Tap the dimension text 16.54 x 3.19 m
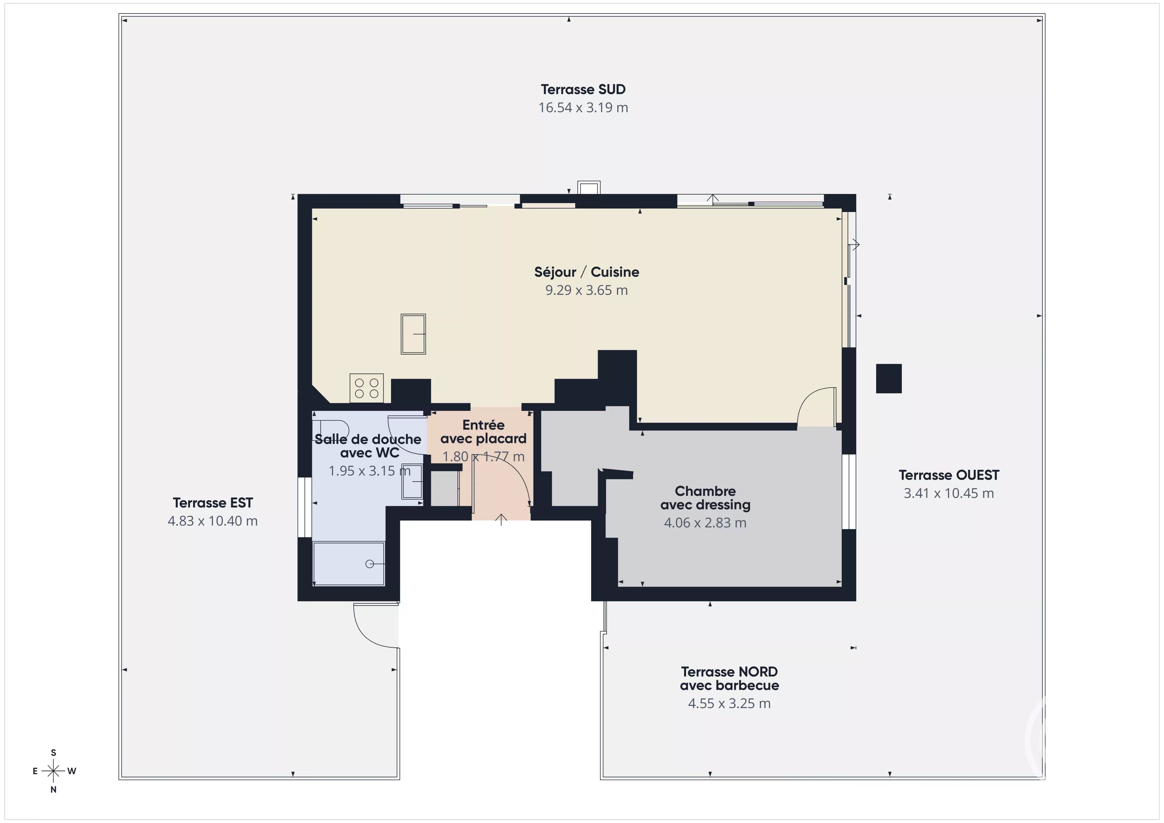583,107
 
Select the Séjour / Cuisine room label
587,272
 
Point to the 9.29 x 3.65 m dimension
587,290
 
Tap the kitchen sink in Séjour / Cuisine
413,334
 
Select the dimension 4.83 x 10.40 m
213,521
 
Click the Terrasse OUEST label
949,475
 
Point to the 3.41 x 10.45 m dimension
949,493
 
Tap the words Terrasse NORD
729,672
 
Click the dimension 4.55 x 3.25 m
729,703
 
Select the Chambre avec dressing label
705,498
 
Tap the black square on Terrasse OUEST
889,378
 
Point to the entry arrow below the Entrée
501,519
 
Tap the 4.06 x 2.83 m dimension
705,523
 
